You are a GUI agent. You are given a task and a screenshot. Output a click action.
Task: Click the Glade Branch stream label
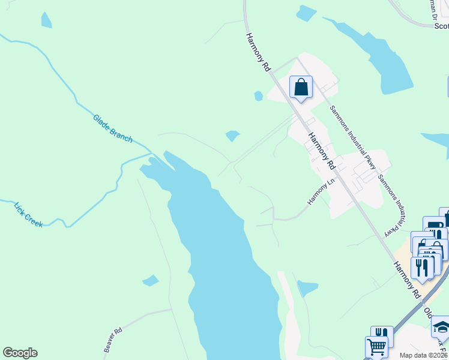112,128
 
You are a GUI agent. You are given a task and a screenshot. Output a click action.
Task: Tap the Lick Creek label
28,214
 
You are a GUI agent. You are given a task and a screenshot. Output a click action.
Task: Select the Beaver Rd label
113,340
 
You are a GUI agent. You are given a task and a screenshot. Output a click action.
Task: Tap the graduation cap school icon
441,327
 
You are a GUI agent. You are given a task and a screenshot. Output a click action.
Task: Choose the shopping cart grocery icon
376,346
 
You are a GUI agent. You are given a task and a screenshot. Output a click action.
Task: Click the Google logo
20,353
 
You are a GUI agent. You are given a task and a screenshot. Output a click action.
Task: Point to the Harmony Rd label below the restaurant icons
406,280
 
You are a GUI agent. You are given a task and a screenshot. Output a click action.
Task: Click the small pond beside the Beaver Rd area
151,280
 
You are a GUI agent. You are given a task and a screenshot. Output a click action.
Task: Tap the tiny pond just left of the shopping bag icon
258,96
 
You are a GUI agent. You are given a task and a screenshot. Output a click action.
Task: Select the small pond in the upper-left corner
46,20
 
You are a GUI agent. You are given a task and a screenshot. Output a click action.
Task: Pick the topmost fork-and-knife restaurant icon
423,267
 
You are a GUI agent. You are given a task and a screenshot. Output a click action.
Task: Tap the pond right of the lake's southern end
307,288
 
